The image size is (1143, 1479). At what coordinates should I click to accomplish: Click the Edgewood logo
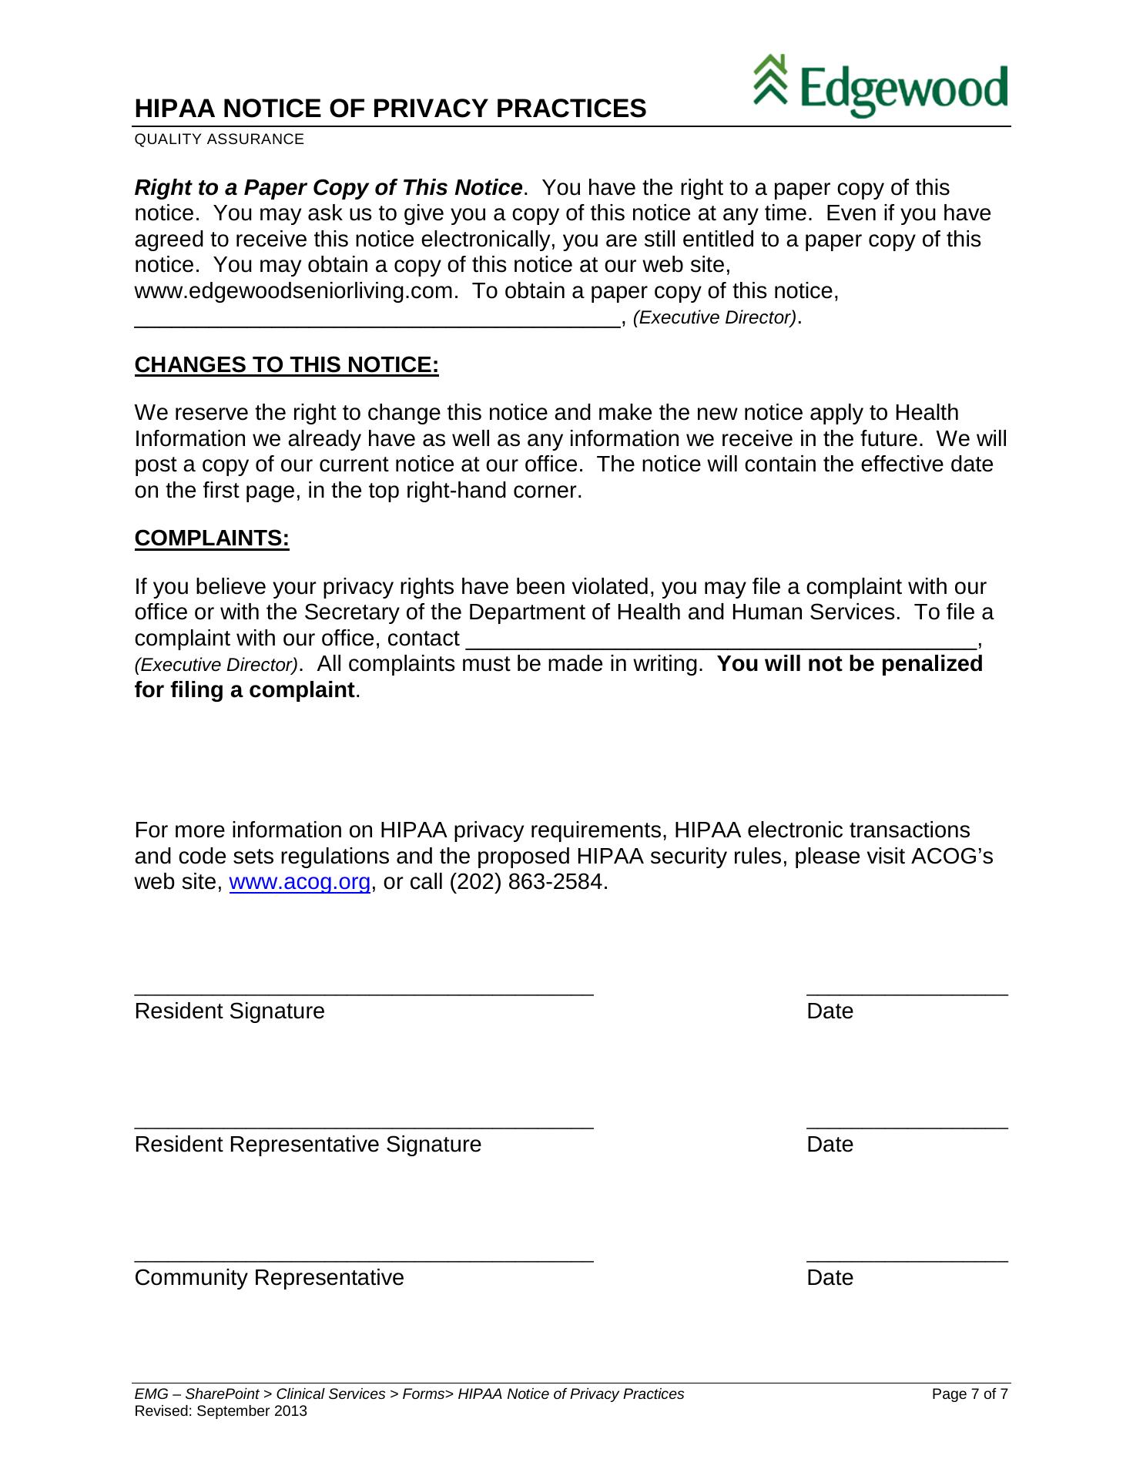coord(880,86)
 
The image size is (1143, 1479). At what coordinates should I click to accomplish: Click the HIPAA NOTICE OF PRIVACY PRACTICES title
coord(390,109)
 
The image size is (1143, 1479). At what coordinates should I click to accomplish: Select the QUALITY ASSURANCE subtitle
coord(220,139)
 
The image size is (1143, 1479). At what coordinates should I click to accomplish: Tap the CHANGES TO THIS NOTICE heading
coord(287,364)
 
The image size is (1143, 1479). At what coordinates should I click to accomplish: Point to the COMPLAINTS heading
coord(212,538)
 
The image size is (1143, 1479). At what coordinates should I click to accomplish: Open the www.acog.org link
coord(300,882)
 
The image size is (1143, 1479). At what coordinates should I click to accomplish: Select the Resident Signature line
coord(364,992)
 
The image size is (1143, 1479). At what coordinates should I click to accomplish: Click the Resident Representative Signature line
coord(364,1125)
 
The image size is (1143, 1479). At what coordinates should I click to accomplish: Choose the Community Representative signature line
coord(364,1259)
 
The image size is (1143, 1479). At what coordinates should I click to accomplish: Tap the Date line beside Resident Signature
coord(907,992)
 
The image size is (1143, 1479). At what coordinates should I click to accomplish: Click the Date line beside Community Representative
coord(907,1259)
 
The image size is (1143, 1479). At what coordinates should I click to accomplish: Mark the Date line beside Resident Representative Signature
coord(907,1125)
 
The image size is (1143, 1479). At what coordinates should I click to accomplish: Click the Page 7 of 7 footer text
coord(970,1394)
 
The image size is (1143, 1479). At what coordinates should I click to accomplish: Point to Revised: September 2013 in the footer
coord(220,1411)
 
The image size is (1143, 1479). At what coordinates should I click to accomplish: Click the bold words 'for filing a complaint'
coord(244,689)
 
